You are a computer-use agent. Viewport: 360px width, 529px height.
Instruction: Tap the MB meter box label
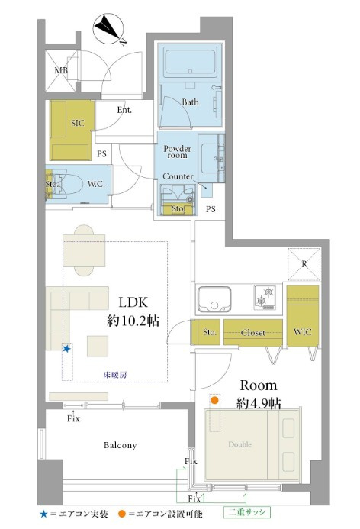click(x=61, y=70)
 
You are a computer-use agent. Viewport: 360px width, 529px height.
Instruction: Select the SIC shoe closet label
click(x=78, y=123)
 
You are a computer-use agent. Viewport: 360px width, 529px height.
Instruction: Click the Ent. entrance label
click(x=124, y=110)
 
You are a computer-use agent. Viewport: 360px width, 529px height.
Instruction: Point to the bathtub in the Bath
click(x=191, y=62)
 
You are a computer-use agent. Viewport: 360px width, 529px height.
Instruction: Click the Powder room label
click(x=177, y=152)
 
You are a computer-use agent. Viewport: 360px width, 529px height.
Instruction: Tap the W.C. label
click(x=96, y=184)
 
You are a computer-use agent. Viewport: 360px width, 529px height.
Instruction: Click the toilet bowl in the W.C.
click(x=70, y=185)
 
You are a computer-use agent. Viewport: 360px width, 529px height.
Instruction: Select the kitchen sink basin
click(x=214, y=299)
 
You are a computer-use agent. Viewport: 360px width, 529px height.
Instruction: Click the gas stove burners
click(x=265, y=298)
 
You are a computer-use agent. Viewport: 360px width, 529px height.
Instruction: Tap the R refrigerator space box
click(x=304, y=264)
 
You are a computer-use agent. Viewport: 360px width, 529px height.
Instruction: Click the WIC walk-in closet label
click(x=302, y=331)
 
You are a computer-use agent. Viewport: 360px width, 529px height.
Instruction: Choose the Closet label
click(x=252, y=333)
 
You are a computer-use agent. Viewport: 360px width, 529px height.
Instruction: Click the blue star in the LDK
click(x=67, y=349)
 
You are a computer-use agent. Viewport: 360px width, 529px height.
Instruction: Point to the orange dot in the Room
click(x=214, y=401)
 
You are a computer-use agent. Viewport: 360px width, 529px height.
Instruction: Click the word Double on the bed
click(x=240, y=444)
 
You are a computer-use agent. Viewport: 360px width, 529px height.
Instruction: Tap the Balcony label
click(x=120, y=445)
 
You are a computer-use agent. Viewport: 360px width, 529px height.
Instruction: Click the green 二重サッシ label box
click(x=247, y=512)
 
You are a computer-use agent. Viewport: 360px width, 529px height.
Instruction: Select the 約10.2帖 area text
click(x=133, y=320)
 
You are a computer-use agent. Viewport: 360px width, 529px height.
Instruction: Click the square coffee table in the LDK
click(x=98, y=346)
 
